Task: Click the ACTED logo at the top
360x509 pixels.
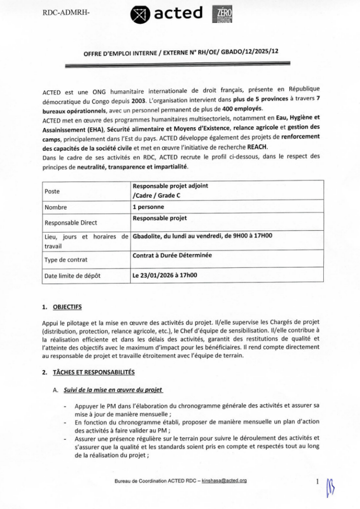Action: point(167,14)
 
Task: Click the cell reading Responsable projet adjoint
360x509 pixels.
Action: point(170,186)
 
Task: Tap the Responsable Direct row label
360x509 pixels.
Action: point(71,223)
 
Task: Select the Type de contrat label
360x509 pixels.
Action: point(66,259)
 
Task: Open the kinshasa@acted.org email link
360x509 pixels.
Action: point(224,481)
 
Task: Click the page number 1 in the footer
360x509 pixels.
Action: point(317,481)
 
